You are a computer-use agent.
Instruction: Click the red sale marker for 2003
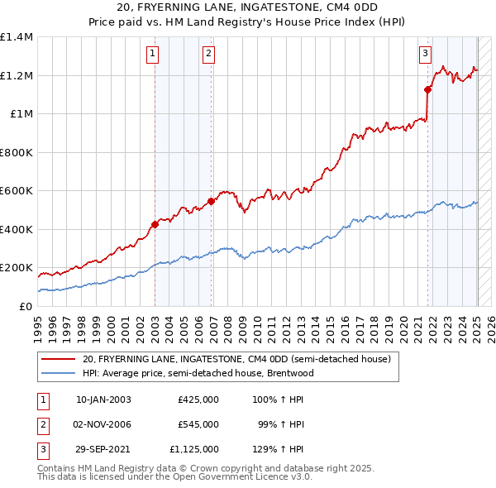(x=155, y=224)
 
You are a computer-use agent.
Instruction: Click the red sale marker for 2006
(x=212, y=201)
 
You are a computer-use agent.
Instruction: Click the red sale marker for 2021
(x=428, y=89)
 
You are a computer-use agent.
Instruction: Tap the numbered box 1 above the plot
(x=154, y=55)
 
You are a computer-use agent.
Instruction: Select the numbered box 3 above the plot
(x=425, y=55)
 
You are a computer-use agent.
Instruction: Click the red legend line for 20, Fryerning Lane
(x=58, y=360)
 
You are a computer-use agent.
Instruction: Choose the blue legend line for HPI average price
(x=58, y=373)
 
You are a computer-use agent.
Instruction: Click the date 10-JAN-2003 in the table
(x=103, y=399)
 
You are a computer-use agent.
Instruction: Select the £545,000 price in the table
(x=198, y=424)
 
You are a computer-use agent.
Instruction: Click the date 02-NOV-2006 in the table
(x=103, y=424)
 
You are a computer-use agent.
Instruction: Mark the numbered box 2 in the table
(x=41, y=424)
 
